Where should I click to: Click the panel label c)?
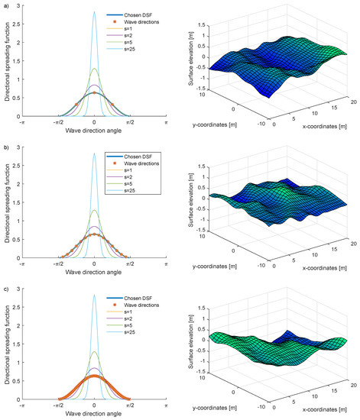pos(6,286)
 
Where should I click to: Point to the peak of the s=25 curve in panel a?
pos(94,12)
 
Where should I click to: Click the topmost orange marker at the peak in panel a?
pos(94,92)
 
